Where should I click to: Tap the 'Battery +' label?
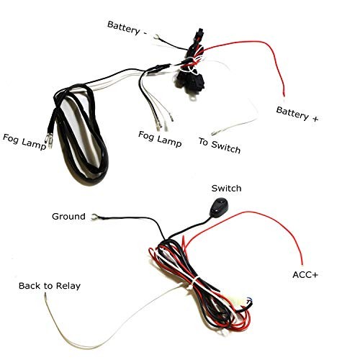[x=297, y=114]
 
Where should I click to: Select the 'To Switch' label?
[x=220, y=145]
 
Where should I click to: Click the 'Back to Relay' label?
[x=50, y=286]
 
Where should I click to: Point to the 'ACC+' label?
[x=305, y=274]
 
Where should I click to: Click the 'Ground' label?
[x=68, y=217]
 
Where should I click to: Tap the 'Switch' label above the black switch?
[x=226, y=189]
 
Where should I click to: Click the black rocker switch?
[x=219, y=207]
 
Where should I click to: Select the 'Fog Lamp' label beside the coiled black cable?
[x=24, y=142]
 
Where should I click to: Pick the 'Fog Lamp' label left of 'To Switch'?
[x=160, y=139]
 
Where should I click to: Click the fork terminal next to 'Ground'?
[x=94, y=217]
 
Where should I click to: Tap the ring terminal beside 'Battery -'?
[x=156, y=37]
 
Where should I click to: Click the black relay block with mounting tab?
[x=191, y=82]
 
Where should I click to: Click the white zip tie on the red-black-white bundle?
[x=194, y=283]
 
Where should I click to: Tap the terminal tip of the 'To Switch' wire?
[x=213, y=133]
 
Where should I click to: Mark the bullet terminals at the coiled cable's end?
[x=48, y=141]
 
